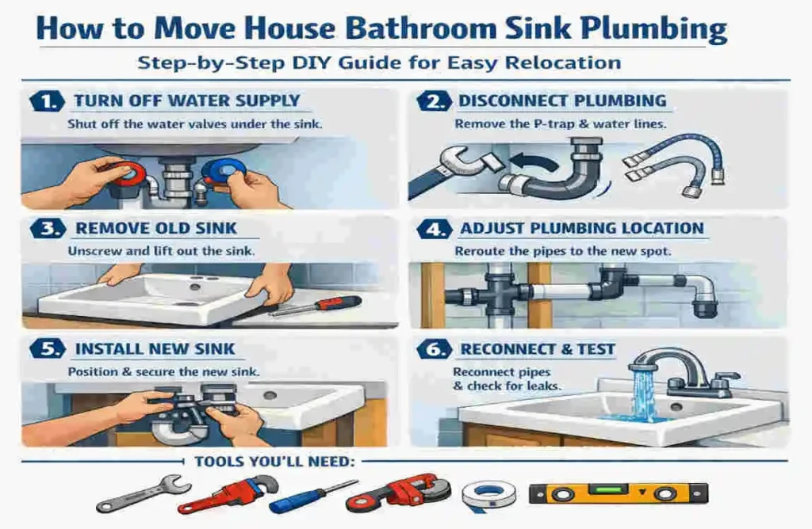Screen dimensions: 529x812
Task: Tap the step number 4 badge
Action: [431, 229]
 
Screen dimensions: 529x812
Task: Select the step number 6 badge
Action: [431, 349]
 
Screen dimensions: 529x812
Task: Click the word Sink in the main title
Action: [528, 29]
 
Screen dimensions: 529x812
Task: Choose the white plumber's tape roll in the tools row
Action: [488, 493]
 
